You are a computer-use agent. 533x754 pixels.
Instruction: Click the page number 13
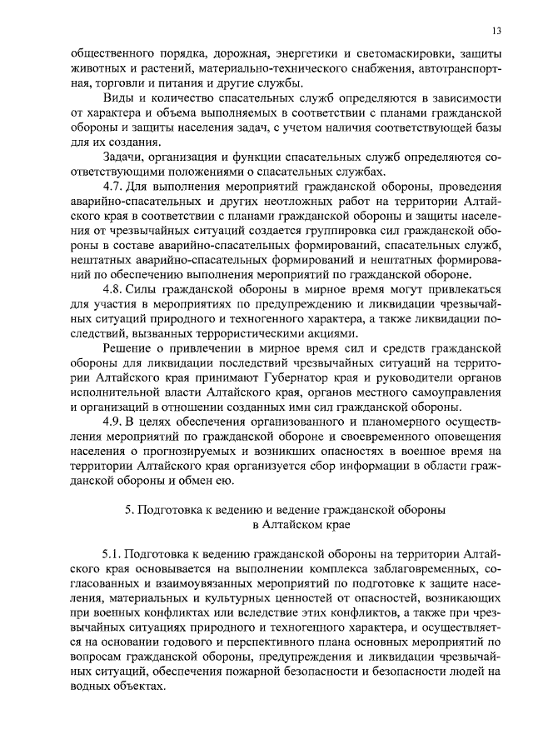point(495,31)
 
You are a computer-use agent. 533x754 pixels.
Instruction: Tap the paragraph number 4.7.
point(112,185)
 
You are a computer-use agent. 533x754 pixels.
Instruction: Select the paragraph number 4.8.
point(112,288)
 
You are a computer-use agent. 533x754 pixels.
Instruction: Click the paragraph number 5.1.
point(112,553)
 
